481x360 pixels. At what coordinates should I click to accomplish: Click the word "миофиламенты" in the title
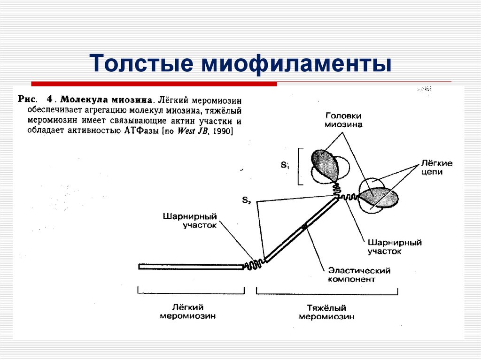[297, 64]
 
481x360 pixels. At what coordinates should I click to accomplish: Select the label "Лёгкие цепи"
[436, 168]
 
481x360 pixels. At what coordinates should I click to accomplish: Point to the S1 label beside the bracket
[285, 165]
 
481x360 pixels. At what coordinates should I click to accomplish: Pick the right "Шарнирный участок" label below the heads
[395, 247]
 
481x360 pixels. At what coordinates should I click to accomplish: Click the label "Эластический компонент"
[359, 275]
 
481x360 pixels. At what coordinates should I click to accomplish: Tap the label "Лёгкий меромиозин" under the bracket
[187, 312]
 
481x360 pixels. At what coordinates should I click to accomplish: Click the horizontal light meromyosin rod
[191, 267]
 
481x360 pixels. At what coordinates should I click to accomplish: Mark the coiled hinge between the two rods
[254, 264]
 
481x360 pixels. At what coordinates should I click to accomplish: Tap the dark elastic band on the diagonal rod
[305, 227]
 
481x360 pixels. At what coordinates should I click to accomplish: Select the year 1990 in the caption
[222, 131]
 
